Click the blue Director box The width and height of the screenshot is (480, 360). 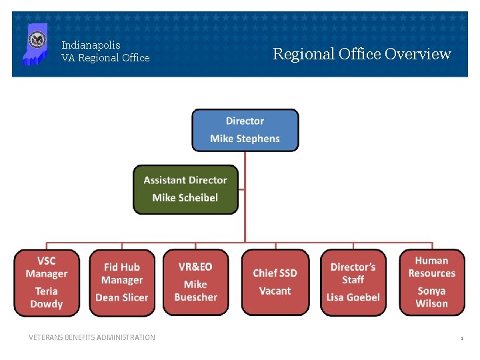[x=245, y=130]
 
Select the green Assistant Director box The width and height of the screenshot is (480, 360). [x=185, y=189]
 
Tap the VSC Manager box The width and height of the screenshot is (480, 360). [x=46, y=282]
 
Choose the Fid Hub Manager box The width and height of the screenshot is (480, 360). [x=122, y=282]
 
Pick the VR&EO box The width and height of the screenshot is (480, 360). [x=196, y=282]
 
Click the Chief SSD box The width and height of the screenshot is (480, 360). [x=275, y=282]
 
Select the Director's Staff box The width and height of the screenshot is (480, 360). [x=353, y=282]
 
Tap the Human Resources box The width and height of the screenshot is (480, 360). [x=432, y=282]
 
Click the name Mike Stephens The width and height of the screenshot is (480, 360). [x=245, y=139]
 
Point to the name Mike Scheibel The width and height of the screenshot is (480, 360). [x=185, y=198]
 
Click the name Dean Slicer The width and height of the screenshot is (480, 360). [x=122, y=297]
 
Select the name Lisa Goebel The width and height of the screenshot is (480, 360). [x=353, y=297]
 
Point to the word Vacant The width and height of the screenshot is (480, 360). [x=275, y=291]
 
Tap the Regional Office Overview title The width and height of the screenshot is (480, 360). [x=362, y=54]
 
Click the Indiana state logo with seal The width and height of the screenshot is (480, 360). [x=35, y=44]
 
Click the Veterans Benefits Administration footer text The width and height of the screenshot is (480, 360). [x=92, y=337]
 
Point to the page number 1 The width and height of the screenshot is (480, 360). [x=461, y=339]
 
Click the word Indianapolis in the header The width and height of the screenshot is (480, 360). [x=91, y=45]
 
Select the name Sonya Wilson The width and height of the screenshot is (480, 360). [x=432, y=297]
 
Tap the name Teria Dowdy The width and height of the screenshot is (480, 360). [x=46, y=297]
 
